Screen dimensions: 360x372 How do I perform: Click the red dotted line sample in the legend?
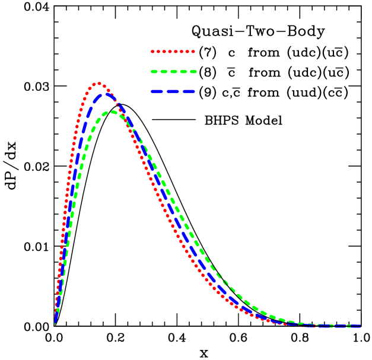173,52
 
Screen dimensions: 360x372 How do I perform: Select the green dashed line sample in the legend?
173,72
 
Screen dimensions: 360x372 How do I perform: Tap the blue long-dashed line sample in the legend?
173,91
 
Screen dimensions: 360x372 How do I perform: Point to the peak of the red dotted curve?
98,84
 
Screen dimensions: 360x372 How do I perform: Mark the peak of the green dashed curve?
112,111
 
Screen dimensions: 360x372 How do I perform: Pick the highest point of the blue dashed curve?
106,93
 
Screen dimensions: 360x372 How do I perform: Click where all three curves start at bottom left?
55,322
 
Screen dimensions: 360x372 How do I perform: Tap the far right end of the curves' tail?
360,326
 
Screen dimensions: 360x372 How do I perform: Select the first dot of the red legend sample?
152,52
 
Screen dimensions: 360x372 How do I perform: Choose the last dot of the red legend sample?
193,52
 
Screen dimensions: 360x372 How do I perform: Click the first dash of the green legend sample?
154,72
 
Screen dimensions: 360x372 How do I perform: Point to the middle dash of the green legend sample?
173,72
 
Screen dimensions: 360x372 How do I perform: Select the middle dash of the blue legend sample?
173,91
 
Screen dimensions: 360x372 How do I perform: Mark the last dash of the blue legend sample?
189,91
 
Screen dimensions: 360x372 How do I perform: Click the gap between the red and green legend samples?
173,62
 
